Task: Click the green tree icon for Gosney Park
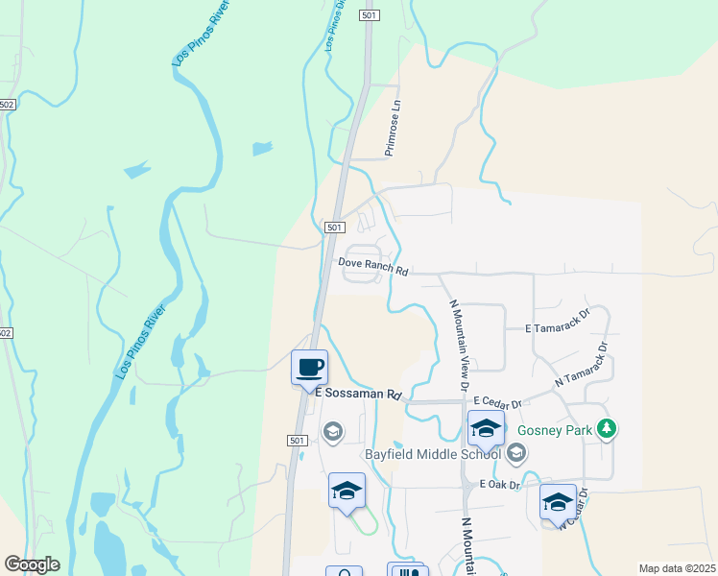pyautogui.click(x=606, y=428)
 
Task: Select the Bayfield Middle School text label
pyautogui.click(x=432, y=453)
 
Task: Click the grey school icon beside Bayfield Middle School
pyautogui.click(x=515, y=452)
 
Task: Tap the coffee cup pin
pyautogui.click(x=309, y=368)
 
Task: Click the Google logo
pyautogui.click(x=33, y=564)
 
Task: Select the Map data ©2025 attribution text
pyautogui.click(x=676, y=568)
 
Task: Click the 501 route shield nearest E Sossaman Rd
pyautogui.click(x=296, y=440)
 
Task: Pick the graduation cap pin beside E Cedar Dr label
pyautogui.click(x=486, y=428)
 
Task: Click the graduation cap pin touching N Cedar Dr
pyautogui.click(x=559, y=502)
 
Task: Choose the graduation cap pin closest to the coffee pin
pyautogui.click(x=347, y=492)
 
